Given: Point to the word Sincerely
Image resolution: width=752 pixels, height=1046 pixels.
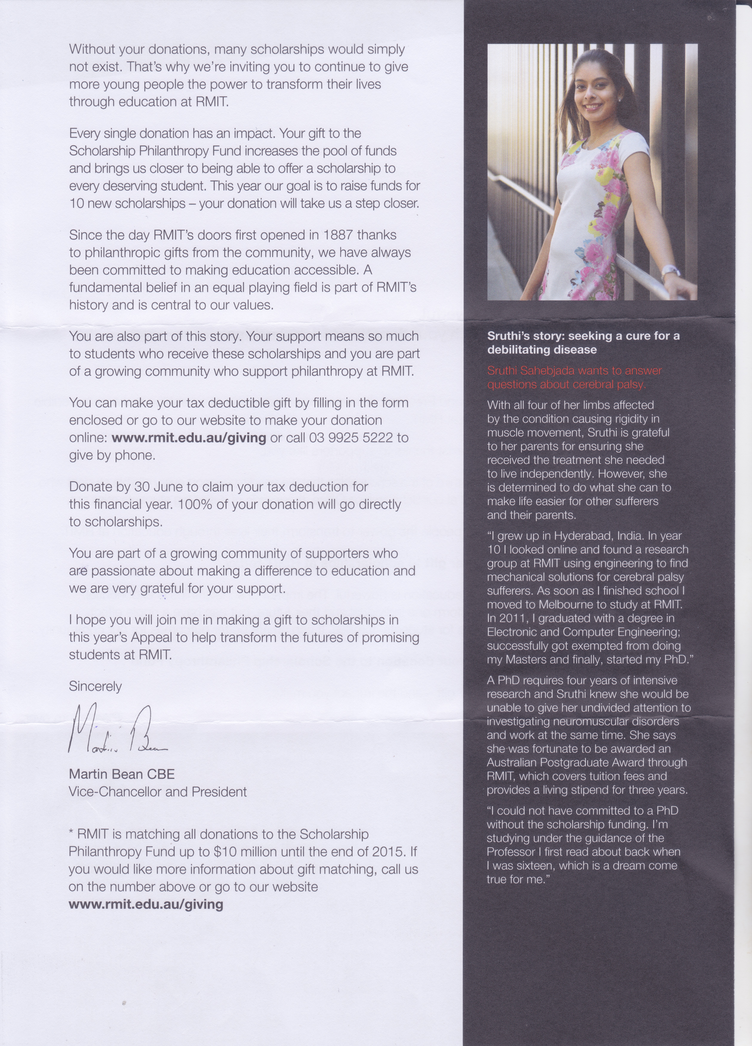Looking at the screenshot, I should (95, 686).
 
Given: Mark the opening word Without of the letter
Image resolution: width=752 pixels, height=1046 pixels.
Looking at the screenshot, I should (92, 49).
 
